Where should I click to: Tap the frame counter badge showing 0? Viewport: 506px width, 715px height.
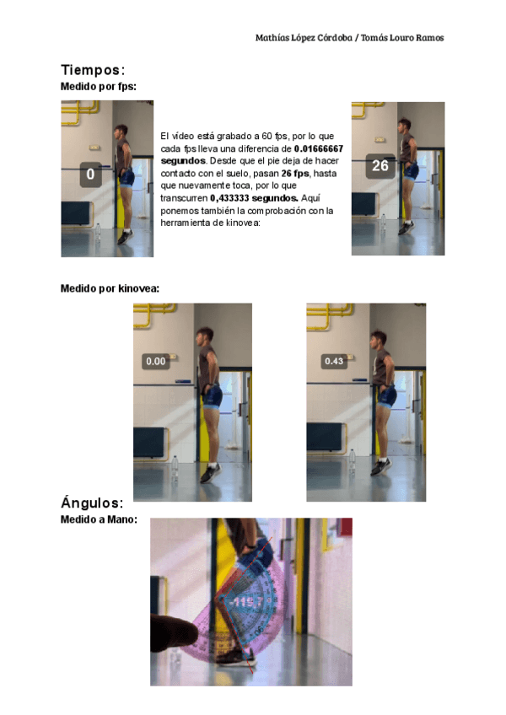90,175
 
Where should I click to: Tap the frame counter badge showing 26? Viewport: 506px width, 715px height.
380,165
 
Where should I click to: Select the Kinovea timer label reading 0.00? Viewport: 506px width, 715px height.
155,361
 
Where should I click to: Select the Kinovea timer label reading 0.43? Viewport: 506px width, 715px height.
334,361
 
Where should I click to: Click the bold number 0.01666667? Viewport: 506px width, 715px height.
319,148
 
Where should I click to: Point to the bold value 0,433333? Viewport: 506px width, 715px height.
229,198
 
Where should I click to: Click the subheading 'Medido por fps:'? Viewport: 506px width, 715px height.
99,87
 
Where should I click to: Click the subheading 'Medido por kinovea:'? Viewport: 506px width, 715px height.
110,288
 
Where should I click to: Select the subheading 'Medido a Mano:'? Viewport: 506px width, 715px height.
99,519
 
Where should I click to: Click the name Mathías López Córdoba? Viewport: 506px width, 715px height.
304,38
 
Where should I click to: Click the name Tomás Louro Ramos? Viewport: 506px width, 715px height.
402,38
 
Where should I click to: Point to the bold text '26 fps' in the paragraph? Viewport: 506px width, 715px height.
295,174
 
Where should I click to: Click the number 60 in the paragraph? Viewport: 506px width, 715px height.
267,137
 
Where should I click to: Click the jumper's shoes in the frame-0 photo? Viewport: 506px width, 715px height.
126,237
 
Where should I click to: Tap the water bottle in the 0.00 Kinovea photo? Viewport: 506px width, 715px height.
175,467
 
